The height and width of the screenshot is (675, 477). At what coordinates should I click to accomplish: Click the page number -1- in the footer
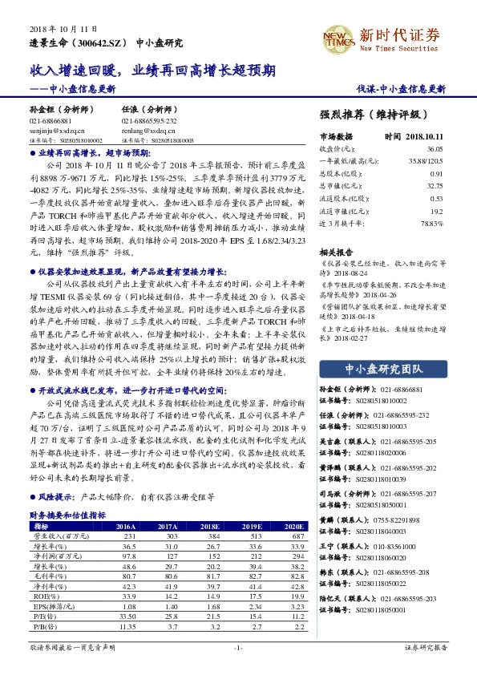click(238, 646)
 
